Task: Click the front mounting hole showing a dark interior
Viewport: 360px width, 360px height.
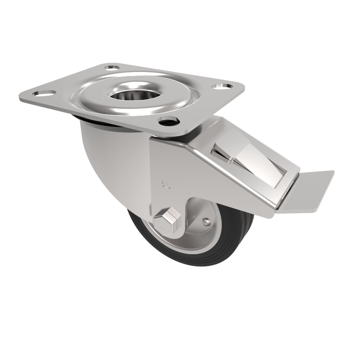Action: click(x=168, y=121)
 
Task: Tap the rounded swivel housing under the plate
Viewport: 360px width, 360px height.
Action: click(x=108, y=153)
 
